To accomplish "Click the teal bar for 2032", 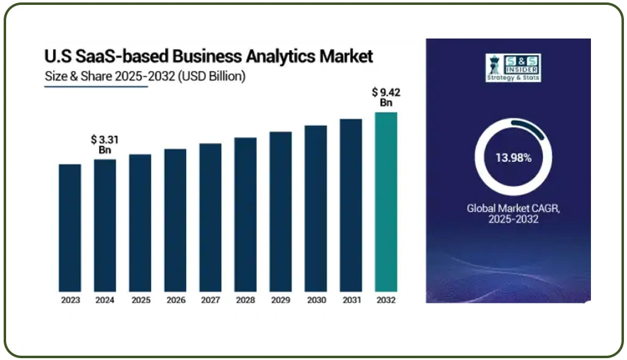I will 386,202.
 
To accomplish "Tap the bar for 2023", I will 70,227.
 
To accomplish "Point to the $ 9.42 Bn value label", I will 386,97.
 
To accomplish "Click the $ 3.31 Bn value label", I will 105,145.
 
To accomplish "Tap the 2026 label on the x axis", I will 175,300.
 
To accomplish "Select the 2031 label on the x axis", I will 351,300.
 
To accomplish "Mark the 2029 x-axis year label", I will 280,300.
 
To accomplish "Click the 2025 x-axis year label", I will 140,300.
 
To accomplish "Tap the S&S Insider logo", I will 513,67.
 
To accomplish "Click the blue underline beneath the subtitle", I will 96,86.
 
